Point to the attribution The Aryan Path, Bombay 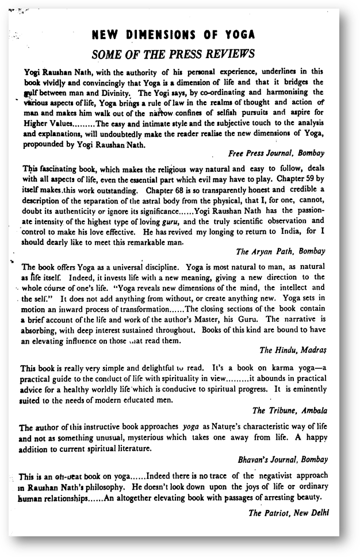pyautogui.click(x=281, y=251)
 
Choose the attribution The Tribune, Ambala pyautogui.click(x=289, y=410)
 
